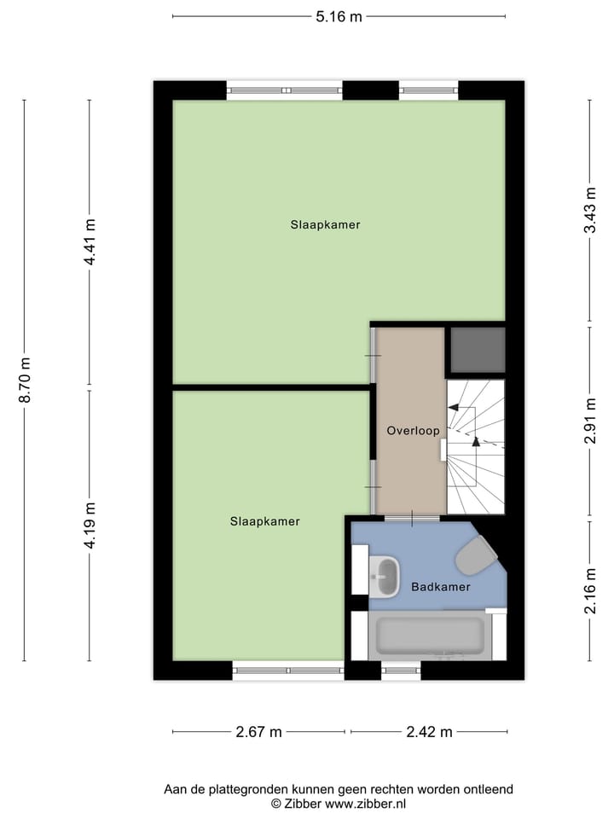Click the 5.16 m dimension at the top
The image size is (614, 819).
[339, 15]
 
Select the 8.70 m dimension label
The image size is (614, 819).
[25, 380]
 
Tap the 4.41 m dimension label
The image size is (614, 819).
[90, 242]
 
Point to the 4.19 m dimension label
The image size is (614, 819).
[90, 526]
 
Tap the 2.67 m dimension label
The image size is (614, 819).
[259, 732]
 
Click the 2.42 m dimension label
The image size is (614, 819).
[429, 732]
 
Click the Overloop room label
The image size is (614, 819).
[413, 431]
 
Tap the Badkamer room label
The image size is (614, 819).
[441, 587]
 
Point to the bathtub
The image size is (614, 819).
[430, 636]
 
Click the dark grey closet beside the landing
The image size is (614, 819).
[477, 350]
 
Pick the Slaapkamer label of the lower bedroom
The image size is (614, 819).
[264, 521]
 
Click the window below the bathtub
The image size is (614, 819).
[401, 672]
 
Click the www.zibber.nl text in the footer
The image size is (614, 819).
[365, 804]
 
